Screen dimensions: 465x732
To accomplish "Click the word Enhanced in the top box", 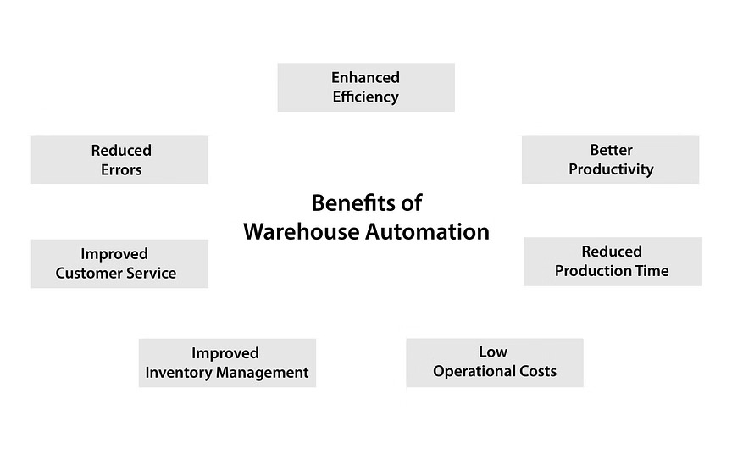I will click(365, 78).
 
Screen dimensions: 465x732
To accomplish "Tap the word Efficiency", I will click(365, 97).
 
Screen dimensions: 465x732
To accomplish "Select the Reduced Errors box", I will click(119, 159).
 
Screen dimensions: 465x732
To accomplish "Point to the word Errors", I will click(121, 169).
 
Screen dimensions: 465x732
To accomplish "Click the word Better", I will click(611, 151).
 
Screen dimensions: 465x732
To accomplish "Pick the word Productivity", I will click(611, 169).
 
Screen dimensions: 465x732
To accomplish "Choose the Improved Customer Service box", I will click(119, 263).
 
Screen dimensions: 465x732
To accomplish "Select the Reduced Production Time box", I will click(612, 261).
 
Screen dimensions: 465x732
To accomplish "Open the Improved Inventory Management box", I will click(227, 363).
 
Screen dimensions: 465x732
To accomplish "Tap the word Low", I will click(494, 352).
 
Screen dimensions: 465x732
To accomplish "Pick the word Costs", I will click(536, 371).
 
